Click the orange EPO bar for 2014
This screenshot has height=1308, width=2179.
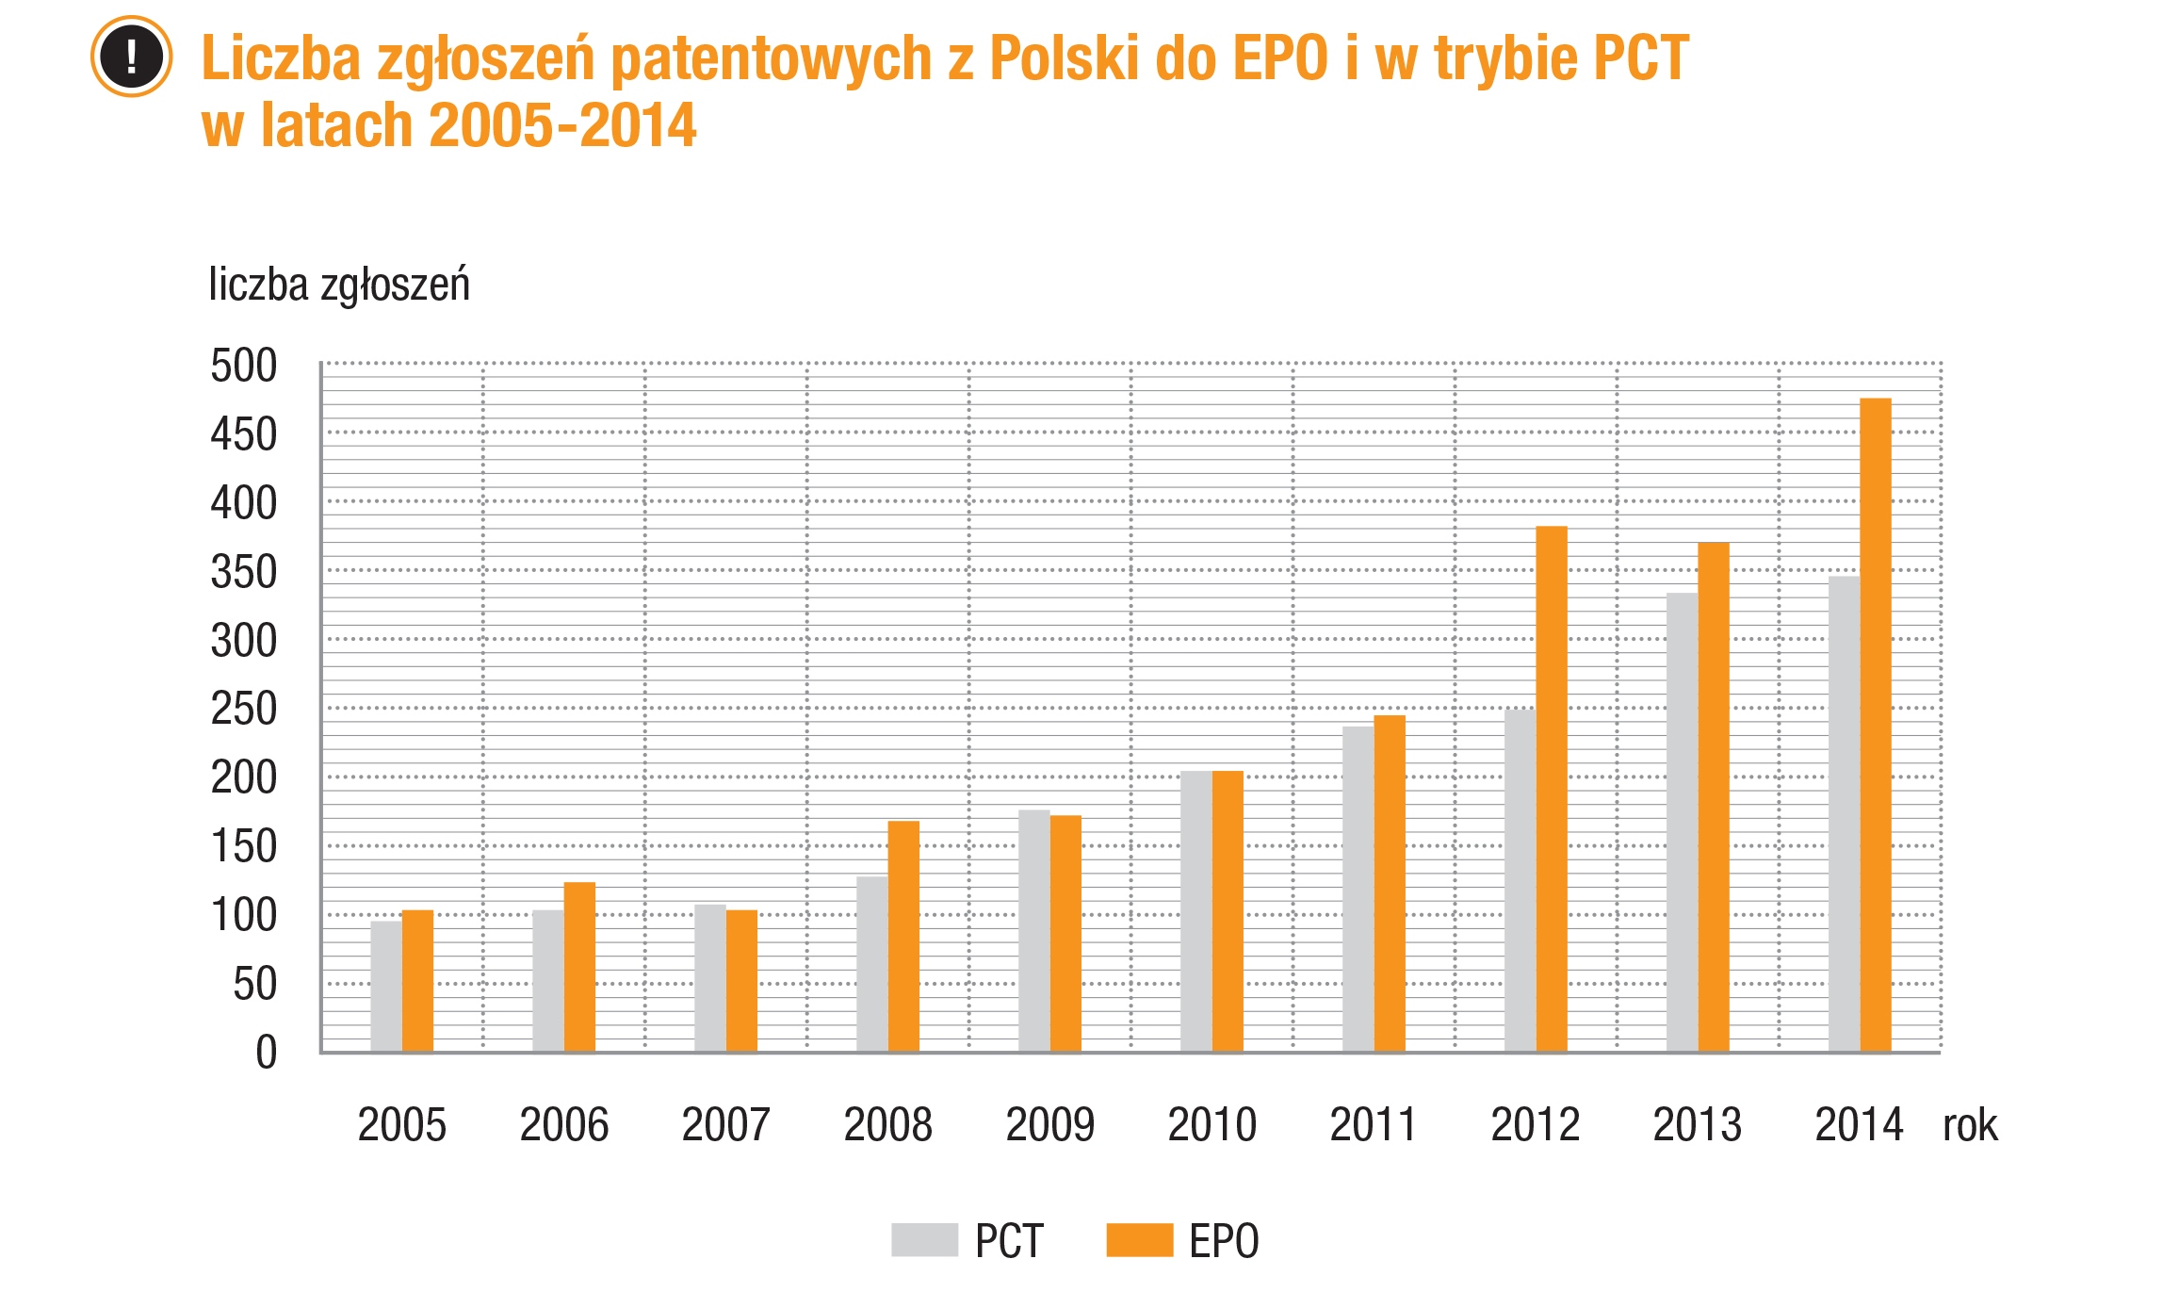(x=1875, y=726)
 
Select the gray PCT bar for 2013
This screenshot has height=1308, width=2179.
(x=1682, y=822)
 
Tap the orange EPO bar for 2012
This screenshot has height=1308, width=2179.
(x=1552, y=790)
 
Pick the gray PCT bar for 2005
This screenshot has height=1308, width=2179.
(x=386, y=986)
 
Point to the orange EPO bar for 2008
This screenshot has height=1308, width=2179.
(x=903, y=937)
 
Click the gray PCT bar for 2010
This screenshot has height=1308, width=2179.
(x=1195, y=911)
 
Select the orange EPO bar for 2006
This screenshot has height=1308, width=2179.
(x=579, y=967)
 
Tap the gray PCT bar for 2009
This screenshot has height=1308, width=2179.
(x=1033, y=931)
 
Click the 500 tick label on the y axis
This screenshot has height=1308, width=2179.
(x=244, y=366)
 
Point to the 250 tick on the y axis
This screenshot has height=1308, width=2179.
(x=244, y=709)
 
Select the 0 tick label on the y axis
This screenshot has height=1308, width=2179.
(x=267, y=1053)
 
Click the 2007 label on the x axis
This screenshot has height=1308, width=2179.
(x=725, y=1124)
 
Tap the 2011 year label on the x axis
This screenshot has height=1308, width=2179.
(x=1373, y=1124)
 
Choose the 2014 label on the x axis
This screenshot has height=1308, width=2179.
(x=1859, y=1124)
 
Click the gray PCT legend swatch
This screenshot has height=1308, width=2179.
(x=924, y=1240)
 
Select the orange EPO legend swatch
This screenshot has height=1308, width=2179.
(x=1139, y=1240)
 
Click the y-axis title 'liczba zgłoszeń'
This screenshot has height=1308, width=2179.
(x=339, y=285)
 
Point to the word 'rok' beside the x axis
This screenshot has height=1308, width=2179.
(x=1970, y=1125)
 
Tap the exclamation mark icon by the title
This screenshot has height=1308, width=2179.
(x=131, y=57)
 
